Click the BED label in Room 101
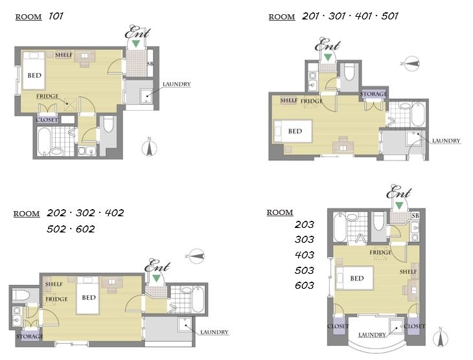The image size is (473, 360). [34, 75]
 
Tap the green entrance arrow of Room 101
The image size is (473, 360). [136, 43]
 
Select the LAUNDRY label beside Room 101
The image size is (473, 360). [177, 84]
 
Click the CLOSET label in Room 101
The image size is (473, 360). [47, 120]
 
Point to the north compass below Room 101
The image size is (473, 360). [149, 148]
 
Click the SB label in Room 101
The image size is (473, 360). [150, 64]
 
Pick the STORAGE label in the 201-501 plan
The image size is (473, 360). [373, 94]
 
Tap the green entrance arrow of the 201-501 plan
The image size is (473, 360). [328, 57]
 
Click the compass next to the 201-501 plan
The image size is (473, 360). [411, 63]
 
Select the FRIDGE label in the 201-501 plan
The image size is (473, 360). [312, 101]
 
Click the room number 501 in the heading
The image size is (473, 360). [390, 16]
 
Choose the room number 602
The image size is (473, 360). [86, 229]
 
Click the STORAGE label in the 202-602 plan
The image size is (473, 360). [30, 337]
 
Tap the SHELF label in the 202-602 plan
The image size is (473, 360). [54, 284]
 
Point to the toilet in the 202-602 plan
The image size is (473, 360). [22, 295]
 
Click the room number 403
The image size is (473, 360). [305, 255]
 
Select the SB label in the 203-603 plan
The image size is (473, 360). [415, 216]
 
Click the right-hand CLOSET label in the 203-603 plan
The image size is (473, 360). [414, 326]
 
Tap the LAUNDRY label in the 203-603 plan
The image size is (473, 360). [372, 335]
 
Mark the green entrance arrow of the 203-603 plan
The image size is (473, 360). [399, 206]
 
